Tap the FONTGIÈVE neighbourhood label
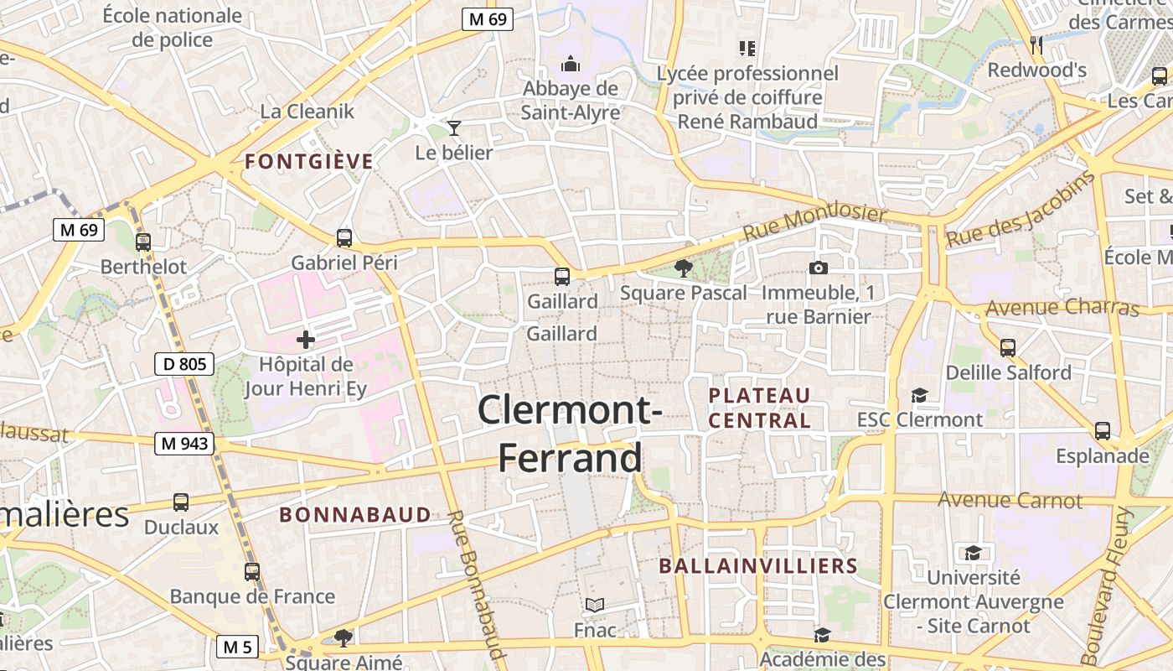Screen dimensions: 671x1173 point(309,162)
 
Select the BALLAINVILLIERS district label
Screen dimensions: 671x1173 point(758,566)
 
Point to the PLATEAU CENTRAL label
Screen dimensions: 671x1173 point(760,408)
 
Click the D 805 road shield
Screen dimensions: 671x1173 point(184,364)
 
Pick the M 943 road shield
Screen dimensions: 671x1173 point(184,444)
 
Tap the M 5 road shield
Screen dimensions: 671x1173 point(237,647)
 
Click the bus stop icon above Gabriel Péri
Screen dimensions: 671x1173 point(344,237)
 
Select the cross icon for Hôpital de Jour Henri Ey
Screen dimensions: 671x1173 point(306,340)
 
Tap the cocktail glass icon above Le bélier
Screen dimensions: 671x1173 point(454,127)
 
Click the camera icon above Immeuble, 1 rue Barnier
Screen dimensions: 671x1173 point(819,268)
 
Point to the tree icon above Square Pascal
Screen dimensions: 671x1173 point(684,268)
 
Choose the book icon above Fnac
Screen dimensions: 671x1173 point(595,605)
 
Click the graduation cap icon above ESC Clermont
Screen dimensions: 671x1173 point(920,394)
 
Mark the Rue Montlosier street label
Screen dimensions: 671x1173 point(814,222)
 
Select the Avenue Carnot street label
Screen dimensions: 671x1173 point(1010,500)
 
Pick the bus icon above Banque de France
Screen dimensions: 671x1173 point(252,572)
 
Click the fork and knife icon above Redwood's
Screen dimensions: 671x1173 point(1037,44)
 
